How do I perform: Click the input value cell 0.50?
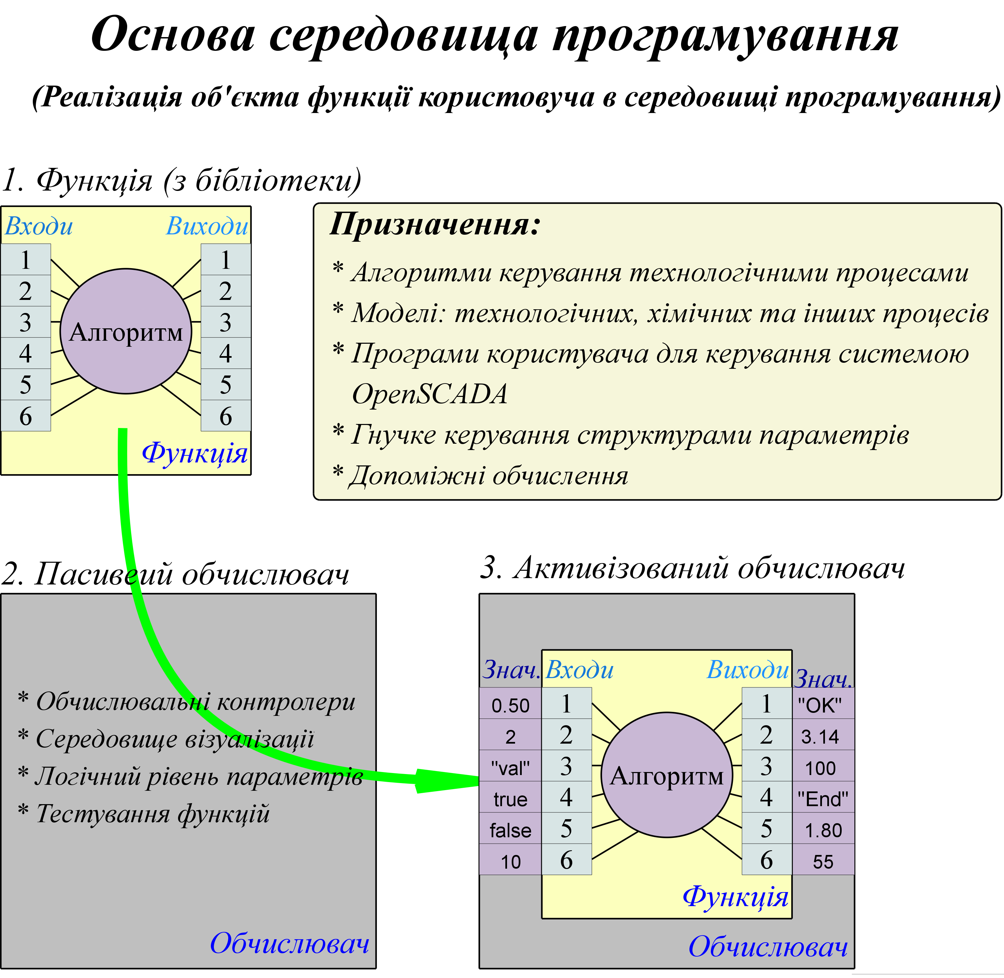point(510,705)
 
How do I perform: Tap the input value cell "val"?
point(510,768)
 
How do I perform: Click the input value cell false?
point(510,830)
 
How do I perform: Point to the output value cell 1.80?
point(823,830)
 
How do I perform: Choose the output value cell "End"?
point(823,799)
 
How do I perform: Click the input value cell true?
point(510,799)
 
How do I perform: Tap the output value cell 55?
point(823,861)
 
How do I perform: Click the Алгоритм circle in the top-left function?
point(126,331)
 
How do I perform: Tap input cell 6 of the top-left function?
point(26,416)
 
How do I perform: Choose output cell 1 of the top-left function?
point(225,259)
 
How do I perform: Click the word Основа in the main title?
point(173,35)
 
